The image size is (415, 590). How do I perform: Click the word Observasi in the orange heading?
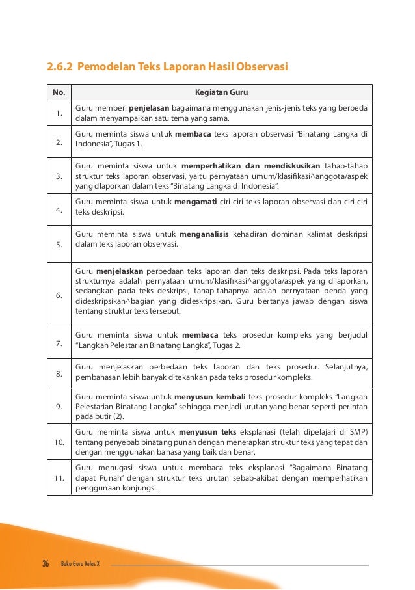[x=261, y=67]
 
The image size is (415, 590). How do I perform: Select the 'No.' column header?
[x=59, y=92]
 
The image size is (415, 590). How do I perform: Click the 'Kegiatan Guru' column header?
[x=222, y=92]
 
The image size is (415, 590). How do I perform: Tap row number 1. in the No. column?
[x=59, y=114]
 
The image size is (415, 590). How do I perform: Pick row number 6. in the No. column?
[x=59, y=295]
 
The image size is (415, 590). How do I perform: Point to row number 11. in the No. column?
[x=59, y=479]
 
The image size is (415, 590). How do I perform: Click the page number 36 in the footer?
[x=46, y=563]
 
